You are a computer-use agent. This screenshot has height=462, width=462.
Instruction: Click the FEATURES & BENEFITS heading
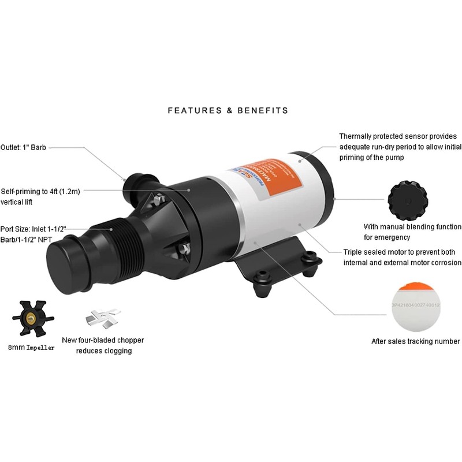click(x=228, y=110)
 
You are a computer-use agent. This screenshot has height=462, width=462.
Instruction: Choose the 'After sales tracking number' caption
click(x=415, y=341)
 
